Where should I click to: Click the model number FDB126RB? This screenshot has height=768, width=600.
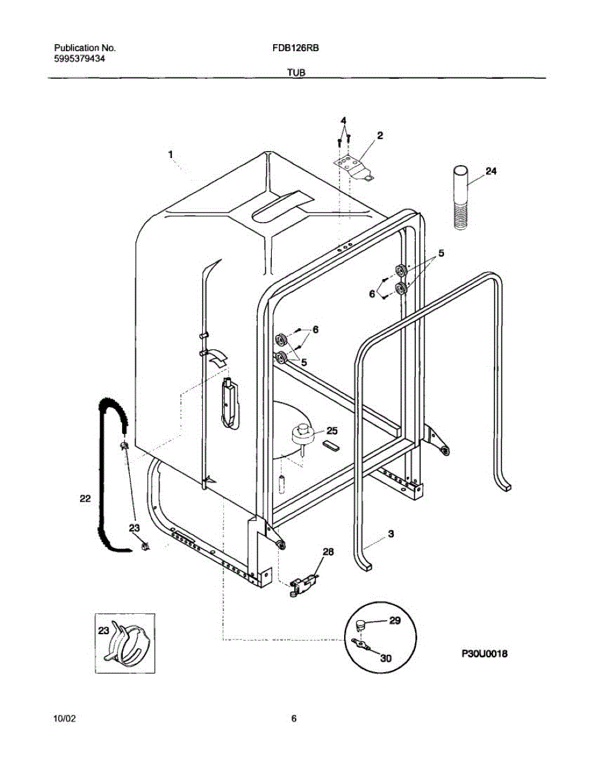pos(291,48)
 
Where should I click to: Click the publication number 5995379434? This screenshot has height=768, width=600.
pos(80,58)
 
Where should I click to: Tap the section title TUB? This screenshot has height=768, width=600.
pos(296,73)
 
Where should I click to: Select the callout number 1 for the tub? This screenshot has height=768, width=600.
pos(171,154)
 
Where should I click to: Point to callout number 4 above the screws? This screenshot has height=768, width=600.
pos(343,121)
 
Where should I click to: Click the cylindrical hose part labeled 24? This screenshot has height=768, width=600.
pos(461,197)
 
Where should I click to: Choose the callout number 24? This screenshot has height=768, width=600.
pos(491,172)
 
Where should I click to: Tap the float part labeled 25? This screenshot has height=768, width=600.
pos(301,435)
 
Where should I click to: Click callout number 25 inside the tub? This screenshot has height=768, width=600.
pos(332,431)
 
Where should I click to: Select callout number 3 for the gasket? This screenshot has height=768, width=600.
pos(390,532)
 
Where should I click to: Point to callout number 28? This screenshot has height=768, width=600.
pos(328,552)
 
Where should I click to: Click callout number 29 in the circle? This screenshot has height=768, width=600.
pos(395,621)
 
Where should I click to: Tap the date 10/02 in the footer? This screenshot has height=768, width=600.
pos(65,719)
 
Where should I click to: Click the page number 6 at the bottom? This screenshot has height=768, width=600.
pos(294,719)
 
